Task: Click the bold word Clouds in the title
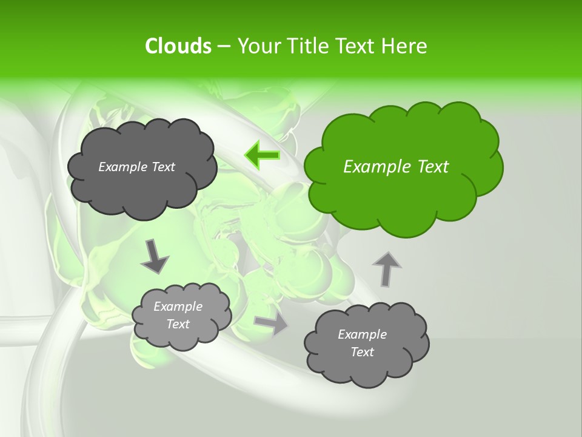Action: [178, 46]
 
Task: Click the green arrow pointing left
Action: [262, 156]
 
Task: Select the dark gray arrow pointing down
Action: [155, 257]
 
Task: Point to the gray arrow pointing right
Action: [271, 324]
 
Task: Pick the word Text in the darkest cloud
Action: [162, 167]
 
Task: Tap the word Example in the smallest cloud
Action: [178, 307]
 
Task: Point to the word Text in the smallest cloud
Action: [178, 324]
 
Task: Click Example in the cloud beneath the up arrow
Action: [362, 334]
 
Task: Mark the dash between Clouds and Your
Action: [223, 46]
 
